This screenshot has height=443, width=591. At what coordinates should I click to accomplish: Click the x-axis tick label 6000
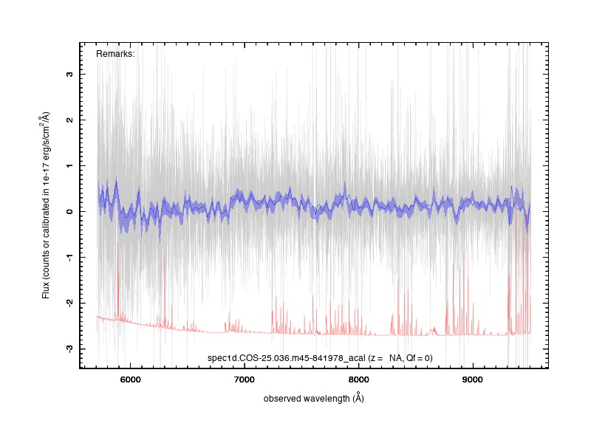[131, 380]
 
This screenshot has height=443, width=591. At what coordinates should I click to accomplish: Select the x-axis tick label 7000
[245, 380]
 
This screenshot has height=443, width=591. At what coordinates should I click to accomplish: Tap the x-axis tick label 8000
[358, 380]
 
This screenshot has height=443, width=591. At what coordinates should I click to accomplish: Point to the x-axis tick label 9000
[472, 380]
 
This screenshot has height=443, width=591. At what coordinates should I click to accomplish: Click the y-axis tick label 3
[69, 75]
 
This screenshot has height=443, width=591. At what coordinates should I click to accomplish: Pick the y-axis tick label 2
[69, 120]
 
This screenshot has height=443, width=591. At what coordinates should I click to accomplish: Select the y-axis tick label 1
[69, 165]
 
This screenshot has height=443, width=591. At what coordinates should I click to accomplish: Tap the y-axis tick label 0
[69, 211]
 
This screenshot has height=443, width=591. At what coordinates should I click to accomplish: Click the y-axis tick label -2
[69, 302]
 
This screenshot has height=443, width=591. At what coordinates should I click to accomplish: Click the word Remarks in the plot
[115, 54]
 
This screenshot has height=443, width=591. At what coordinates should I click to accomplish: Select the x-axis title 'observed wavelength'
[307, 399]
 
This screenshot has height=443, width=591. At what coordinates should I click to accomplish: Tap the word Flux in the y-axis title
[46, 291]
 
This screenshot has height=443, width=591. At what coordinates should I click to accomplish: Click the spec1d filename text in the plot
[287, 358]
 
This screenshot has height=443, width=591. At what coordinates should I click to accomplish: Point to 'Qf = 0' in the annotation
[419, 358]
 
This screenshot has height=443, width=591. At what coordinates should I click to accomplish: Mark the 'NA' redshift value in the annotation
[395, 358]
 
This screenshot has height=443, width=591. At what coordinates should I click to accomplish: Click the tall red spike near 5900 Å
[117, 281]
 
